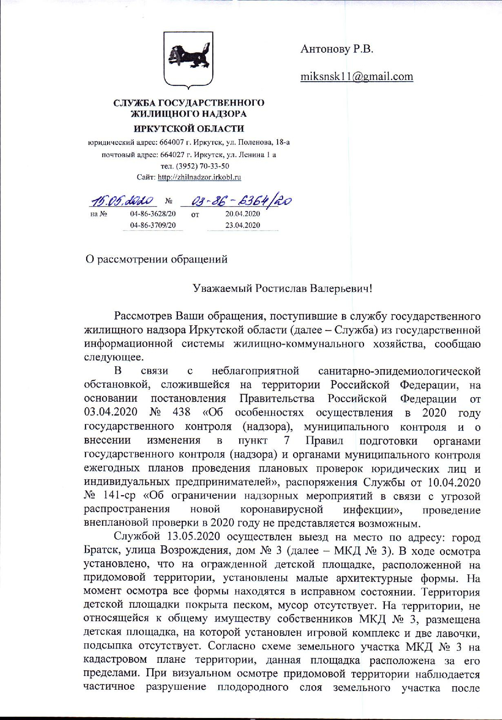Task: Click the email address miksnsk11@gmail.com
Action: click(356, 76)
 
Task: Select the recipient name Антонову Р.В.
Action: click(337, 49)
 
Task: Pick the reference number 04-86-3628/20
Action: click(153, 213)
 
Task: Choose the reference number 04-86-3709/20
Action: click(153, 225)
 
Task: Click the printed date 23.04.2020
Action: click(242, 225)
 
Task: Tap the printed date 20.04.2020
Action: click(242, 213)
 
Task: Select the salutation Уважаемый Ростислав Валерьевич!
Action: click(282, 288)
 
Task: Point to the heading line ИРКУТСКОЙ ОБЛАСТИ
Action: click(189, 129)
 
